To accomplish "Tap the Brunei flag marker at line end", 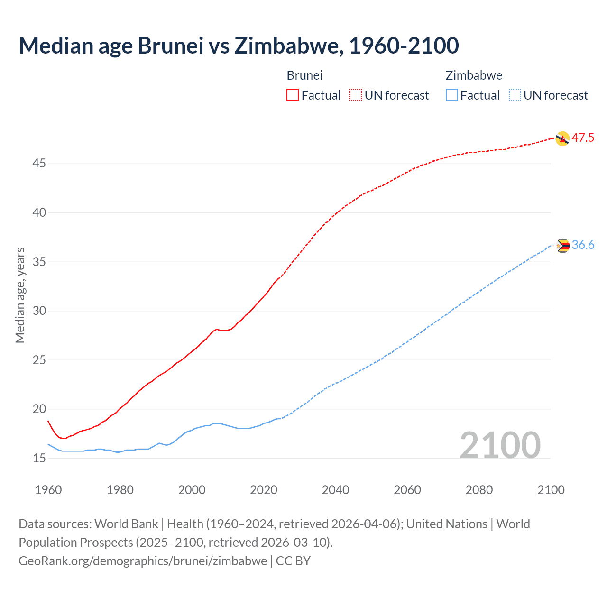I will (x=562, y=138).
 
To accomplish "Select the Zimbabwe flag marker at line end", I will (x=562, y=246).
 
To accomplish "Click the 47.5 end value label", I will (x=583, y=138).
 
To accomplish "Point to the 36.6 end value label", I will (x=583, y=245).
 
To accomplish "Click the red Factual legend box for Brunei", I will (x=293, y=95).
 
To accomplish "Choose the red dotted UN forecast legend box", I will (x=356, y=95).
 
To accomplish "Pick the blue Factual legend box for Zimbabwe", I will (x=452, y=95).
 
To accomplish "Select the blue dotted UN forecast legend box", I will (x=515, y=95).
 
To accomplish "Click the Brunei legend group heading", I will (x=304, y=75).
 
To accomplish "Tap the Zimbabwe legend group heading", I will (x=474, y=75).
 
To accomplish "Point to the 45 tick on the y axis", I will (x=39, y=164).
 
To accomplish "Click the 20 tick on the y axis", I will (x=39, y=409).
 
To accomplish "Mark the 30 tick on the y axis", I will (x=39, y=311).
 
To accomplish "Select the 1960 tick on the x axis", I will (x=48, y=490).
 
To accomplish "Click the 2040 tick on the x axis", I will (x=335, y=490).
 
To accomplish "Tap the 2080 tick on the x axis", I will (x=479, y=490).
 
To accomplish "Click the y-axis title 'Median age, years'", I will (x=20, y=295).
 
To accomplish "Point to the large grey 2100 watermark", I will (x=500, y=445).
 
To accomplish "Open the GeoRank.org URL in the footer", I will (x=143, y=561).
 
